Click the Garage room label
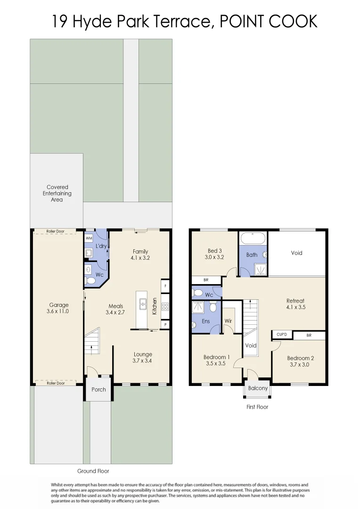pyautogui.click(x=59, y=305)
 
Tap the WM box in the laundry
pyautogui.click(x=89, y=239)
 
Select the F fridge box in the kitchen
pyautogui.click(x=165, y=286)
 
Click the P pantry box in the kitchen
pyautogui.click(x=165, y=325)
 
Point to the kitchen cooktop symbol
pyautogui.click(x=165, y=306)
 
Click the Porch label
pyautogui.click(x=99, y=390)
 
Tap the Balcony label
pyautogui.click(x=258, y=388)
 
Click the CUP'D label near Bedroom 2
pyautogui.click(x=282, y=335)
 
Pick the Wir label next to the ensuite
pyautogui.click(x=228, y=321)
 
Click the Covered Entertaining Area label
pyautogui.click(x=57, y=193)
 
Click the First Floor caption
pyautogui.click(x=257, y=407)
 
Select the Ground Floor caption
pyautogui.click(x=93, y=471)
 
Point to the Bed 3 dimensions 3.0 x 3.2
pyautogui.click(x=215, y=257)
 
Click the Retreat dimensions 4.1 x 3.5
pyautogui.click(x=295, y=307)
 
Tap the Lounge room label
pyautogui.click(x=143, y=354)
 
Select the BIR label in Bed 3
pyautogui.click(x=206, y=280)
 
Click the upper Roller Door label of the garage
pyautogui.click(x=55, y=231)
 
